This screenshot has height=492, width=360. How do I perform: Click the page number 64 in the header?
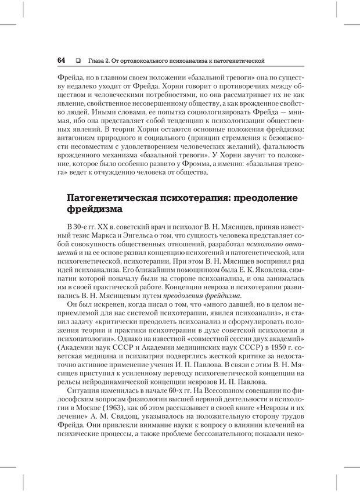click(x=61, y=61)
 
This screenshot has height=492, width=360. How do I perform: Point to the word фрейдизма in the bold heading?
click(x=95, y=210)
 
